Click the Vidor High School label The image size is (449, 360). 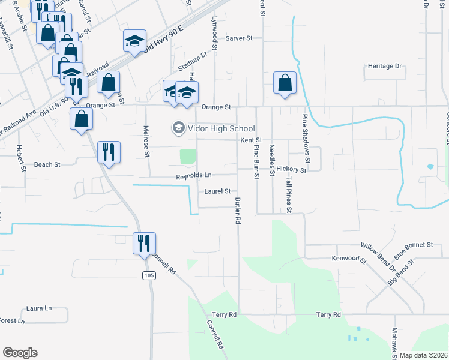221,128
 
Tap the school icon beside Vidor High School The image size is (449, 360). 178,128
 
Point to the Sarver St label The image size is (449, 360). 239,38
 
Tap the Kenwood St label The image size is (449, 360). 349,259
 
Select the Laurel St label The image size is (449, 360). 217,191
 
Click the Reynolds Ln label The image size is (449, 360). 194,176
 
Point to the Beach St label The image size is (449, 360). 47,164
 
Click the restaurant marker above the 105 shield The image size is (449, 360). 144,243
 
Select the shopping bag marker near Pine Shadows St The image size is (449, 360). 285,83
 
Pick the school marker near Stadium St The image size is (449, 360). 135,41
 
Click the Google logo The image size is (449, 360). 20,353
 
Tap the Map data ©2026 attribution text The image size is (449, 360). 423,355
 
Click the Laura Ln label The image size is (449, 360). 39,308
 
